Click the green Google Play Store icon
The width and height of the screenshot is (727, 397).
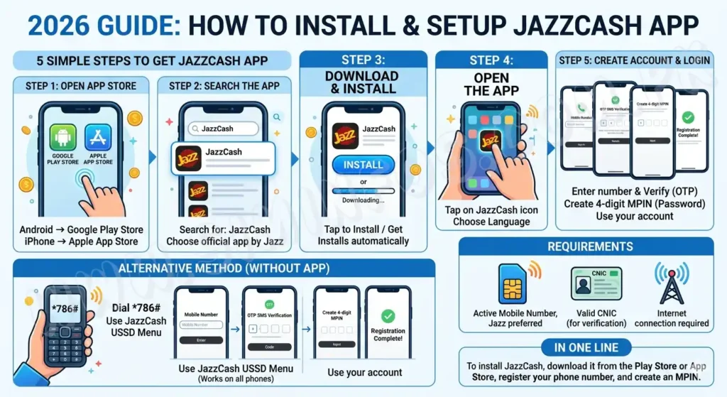tap(63, 138)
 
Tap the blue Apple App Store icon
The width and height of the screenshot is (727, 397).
tap(98, 138)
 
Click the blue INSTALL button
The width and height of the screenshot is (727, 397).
tap(363, 165)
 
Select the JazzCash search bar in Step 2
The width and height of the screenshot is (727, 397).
tap(222, 129)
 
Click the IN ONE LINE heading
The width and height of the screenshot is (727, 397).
tap(586, 347)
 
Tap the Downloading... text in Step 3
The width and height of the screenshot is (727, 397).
tap(363, 200)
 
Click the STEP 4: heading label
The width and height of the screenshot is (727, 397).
tap(491, 61)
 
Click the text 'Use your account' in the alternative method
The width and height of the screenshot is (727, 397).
tap(364, 372)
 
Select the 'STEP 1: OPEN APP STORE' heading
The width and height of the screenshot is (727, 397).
tap(81, 86)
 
